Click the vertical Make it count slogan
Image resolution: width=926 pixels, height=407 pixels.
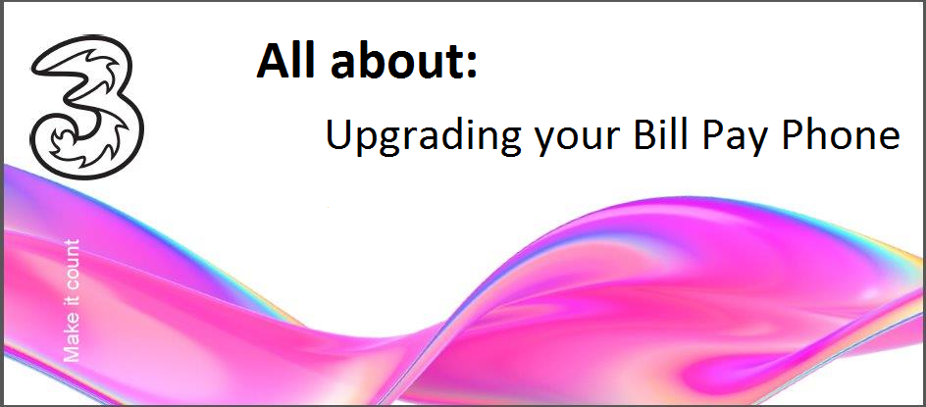pyautogui.click(x=71, y=300)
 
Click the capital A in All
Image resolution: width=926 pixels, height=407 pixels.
pyautogui.click(x=274, y=62)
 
